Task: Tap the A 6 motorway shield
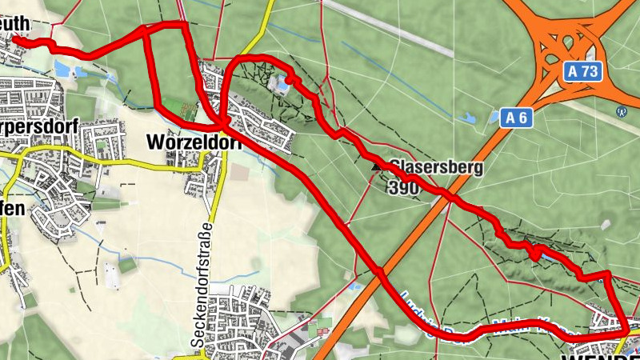[x=518, y=118]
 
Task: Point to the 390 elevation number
[x=402, y=188]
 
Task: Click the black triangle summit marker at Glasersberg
[x=378, y=166]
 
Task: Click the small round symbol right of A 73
[x=621, y=111]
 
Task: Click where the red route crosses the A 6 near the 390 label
[x=451, y=198]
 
